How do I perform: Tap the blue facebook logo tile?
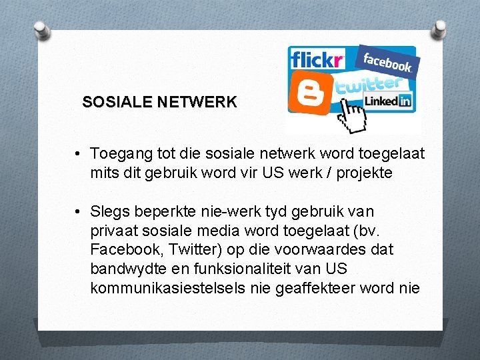click(x=387, y=62)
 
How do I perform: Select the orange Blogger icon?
click(x=310, y=93)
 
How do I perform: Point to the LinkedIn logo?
click(x=388, y=101)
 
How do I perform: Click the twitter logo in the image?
click(x=369, y=85)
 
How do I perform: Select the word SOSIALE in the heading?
click(x=116, y=103)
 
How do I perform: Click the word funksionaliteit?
click(x=255, y=269)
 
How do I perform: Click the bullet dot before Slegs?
click(x=79, y=212)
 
